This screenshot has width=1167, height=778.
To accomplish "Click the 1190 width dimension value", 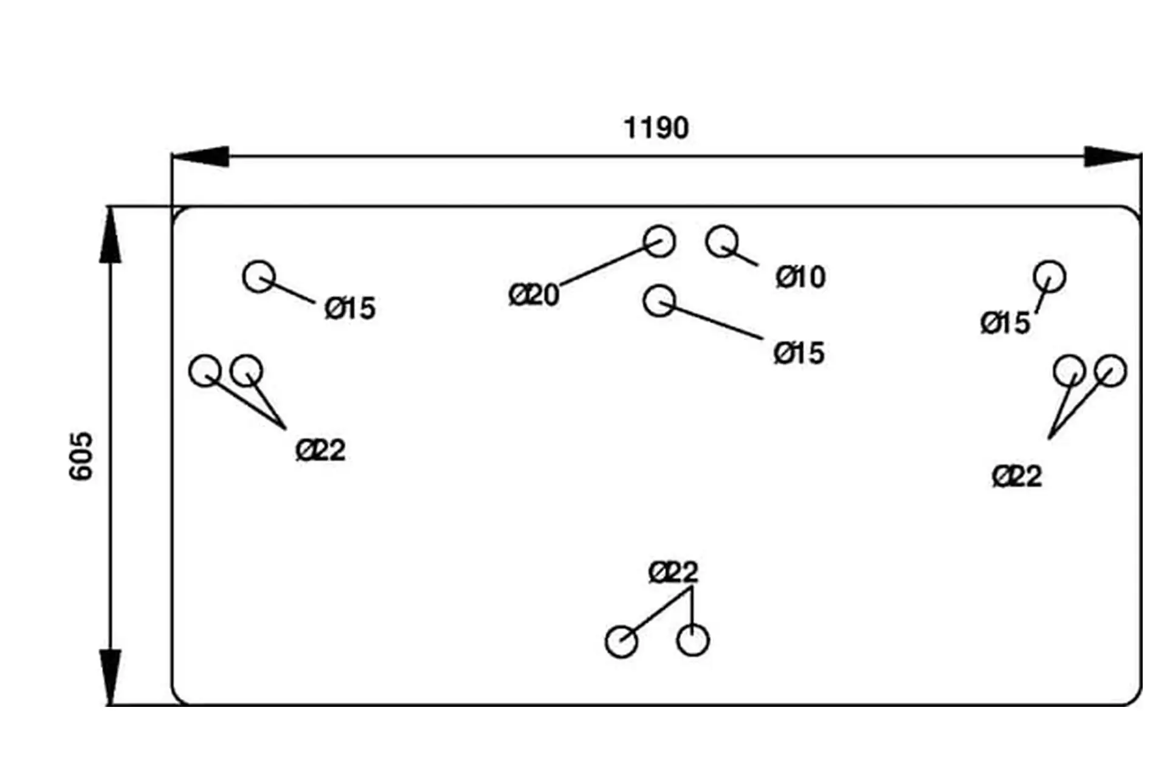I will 656,128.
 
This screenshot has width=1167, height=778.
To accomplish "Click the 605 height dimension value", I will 81,456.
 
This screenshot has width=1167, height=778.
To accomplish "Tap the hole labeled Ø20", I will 659,241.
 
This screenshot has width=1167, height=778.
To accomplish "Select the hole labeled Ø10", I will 722,241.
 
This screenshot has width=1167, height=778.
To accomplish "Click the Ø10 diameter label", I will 800,277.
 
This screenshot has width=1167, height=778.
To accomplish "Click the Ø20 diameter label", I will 534,295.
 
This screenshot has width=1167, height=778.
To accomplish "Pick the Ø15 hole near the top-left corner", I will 259,277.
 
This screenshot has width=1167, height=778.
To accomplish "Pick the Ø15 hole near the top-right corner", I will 1050,277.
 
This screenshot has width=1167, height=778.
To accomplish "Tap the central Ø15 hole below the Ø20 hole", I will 659,300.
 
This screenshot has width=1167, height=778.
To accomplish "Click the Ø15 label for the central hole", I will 799,353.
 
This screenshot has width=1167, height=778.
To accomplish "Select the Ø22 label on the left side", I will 320,450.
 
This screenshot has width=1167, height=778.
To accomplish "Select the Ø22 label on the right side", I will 1017,476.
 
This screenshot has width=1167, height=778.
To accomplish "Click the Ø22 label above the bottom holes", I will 673,572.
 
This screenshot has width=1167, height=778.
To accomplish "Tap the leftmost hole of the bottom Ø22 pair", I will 621,641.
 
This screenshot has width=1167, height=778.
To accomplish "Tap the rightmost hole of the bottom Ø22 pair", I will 693,640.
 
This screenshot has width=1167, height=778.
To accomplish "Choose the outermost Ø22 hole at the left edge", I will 205,371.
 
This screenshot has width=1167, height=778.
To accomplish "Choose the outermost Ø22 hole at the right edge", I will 1110,371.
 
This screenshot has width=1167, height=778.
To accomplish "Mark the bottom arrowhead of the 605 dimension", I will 110,676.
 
